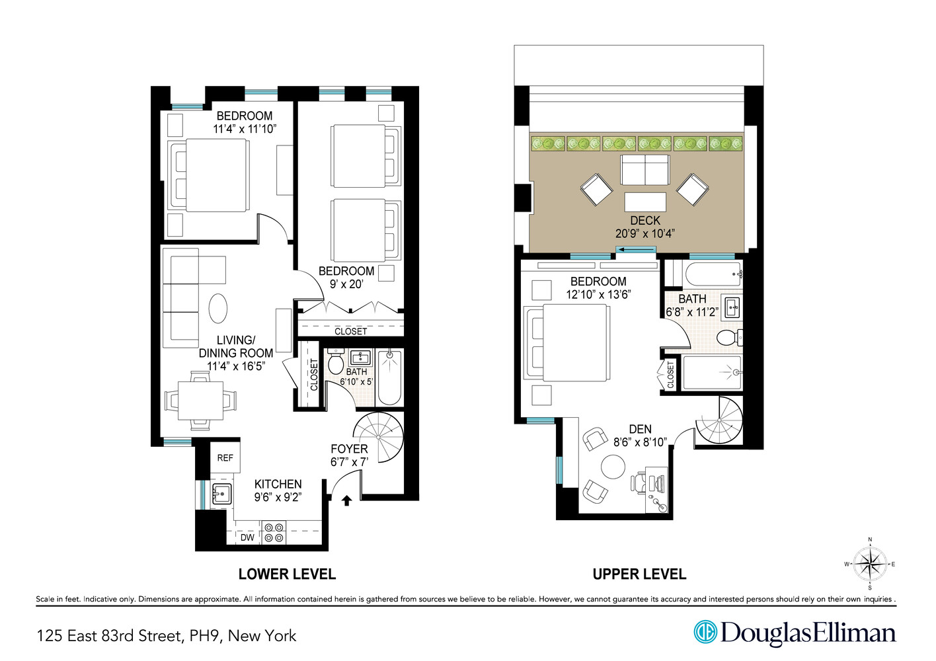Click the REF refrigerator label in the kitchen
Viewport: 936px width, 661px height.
[225, 458]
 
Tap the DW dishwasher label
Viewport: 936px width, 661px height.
[247, 537]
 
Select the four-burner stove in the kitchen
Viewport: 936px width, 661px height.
[274, 532]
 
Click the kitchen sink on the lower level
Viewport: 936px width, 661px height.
[221, 496]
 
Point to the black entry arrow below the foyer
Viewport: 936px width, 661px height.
[346, 500]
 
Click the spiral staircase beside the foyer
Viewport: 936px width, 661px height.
[379, 437]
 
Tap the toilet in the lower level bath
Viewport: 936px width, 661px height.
[335, 362]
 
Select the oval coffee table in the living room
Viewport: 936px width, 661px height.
[218, 308]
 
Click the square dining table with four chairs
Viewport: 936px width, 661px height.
[200, 401]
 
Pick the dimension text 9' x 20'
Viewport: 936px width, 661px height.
[346, 284]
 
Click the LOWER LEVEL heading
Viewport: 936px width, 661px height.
[287, 574]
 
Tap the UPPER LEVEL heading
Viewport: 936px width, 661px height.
[639, 574]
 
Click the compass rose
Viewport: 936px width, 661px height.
[870, 564]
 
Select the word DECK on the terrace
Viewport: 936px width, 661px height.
[645, 221]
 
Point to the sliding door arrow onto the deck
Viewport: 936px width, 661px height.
[637, 250]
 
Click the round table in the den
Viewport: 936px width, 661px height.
[613, 467]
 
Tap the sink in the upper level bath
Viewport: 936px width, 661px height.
[732, 308]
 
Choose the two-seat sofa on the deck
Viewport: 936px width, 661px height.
[645, 170]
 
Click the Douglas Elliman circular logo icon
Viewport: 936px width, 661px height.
[705, 632]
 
